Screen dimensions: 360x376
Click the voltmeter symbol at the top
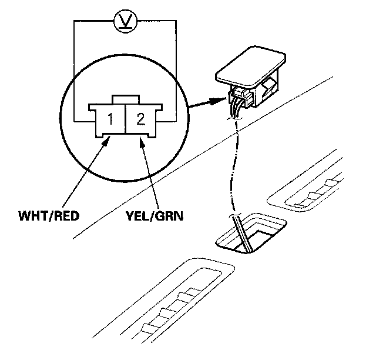(x=124, y=24)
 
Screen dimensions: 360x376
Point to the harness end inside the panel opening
(x=243, y=232)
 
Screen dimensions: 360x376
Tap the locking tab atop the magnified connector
(x=124, y=99)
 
